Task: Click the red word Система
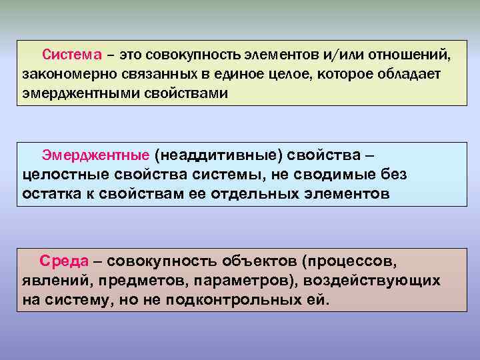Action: (72, 53)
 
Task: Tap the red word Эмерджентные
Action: (95, 155)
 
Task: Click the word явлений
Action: (53, 280)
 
